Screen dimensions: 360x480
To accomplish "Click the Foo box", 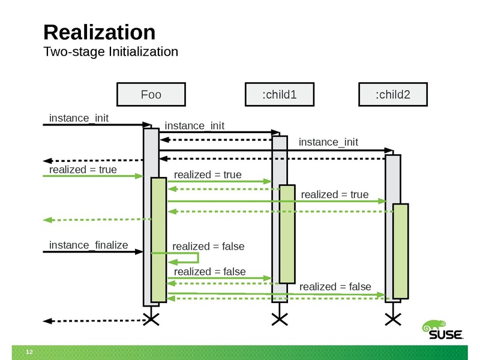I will pyautogui.click(x=151, y=94).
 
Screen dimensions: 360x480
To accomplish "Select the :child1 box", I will pyautogui.click(x=280, y=94).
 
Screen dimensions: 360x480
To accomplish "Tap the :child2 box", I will pyautogui.click(x=392, y=94).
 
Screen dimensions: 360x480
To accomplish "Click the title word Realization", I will pyautogui.click(x=100, y=32).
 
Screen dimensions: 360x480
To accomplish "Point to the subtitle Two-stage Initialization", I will pyautogui.click(x=111, y=52).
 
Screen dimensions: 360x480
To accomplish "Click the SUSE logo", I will pyautogui.click(x=444, y=331).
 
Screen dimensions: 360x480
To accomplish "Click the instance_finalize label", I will pyautogui.click(x=88, y=245).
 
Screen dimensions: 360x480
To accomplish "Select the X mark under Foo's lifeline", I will pyautogui.click(x=151, y=319).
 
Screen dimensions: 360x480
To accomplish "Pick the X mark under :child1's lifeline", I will pyautogui.click(x=280, y=319).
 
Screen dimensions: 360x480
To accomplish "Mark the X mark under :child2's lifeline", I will pyautogui.click(x=393, y=319).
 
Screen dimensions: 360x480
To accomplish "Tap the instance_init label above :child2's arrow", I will pyautogui.click(x=328, y=142).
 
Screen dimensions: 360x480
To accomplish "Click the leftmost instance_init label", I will pyautogui.click(x=78, y=117).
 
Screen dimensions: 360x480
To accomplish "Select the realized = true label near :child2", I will pyautogui.click(x=334, y=194).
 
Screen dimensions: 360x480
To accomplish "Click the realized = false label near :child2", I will pyautogui.click(x=335, y=286).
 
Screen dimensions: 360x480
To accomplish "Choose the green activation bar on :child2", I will pyautogui.click(x=401, y=251).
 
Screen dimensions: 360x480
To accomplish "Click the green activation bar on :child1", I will pyautogui.click(x=288, y=234).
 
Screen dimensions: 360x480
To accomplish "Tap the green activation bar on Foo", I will pyautogui.click(x=158, y=240).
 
